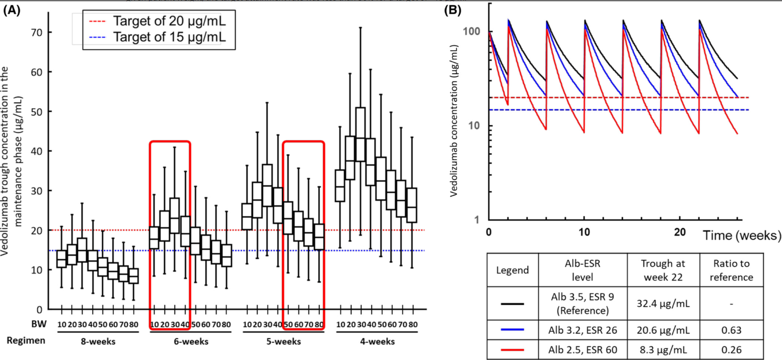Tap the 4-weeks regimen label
click(374, 342)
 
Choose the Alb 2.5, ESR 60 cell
click(582, 347)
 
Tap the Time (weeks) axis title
click(742, 235)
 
